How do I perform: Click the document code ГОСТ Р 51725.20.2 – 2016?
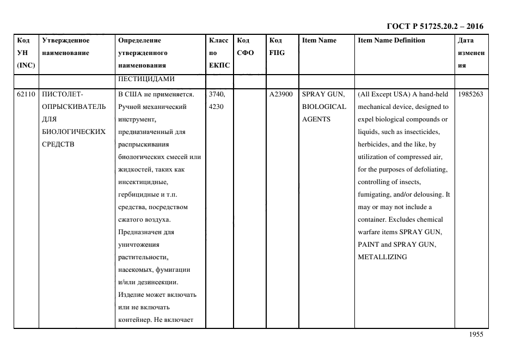tap(434, 26)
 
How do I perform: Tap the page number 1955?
tap(476, 335)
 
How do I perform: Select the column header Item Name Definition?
tap(391, 40)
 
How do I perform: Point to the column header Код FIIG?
tap(277, 46)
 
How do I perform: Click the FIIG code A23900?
tap(281, 94)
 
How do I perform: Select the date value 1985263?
tap(471, 94)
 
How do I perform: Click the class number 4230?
tap(216, 107)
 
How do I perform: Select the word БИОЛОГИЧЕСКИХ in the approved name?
tap(73, 132)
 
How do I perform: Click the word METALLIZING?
tap(382, 257)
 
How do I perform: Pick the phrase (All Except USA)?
tap(381, 94)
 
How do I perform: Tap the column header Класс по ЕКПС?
tap(218, 53)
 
